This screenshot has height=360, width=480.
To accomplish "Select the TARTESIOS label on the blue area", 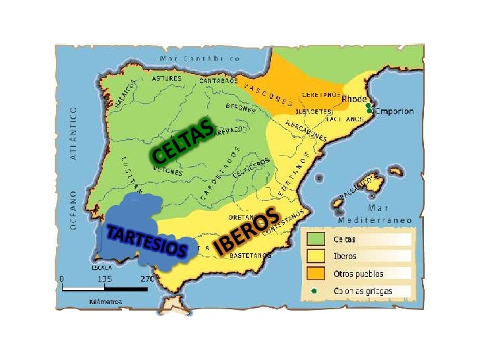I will (146, 241).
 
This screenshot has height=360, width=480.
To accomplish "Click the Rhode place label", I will (353, 99).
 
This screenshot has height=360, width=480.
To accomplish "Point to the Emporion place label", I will (394, 111).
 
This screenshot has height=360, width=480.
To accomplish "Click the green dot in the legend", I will (315, 290).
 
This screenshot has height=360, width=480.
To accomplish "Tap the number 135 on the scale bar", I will (105, 278).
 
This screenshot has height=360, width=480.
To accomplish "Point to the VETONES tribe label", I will (167, 171).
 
